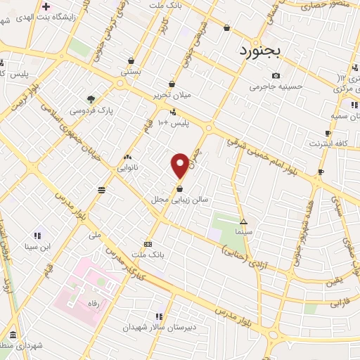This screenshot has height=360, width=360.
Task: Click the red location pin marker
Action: [x=181, y=165]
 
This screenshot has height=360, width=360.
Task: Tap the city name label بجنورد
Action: [x=260, y=51]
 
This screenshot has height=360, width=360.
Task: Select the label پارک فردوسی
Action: [x=89, y=110]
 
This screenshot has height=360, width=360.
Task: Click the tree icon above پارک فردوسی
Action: [x=89, y=99]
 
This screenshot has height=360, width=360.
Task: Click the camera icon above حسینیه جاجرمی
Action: [x=276, y=76]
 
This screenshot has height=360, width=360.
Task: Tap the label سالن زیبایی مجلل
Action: [x=180, y=200]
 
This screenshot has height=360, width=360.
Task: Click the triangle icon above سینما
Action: [x=244, y=221]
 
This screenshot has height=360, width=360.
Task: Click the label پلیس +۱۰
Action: [x=173, y=122]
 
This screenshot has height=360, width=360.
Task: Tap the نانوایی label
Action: [x=127, y=167]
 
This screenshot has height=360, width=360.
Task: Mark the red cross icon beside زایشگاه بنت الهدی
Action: [x=46, y=6]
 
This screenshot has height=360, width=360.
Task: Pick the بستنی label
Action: [x=131, y=71]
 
